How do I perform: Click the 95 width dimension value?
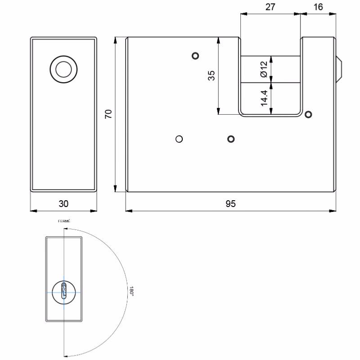point(230,204)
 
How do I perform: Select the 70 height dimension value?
point(108,114)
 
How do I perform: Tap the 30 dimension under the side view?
point(63,204)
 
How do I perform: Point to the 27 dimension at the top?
point(270,7)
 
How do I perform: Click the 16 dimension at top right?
point(318,7)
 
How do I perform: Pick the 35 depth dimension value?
point(211,76)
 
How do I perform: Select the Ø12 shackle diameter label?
point(264,69)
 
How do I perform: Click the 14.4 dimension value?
point(264,98)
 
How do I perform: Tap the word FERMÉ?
point(64,221)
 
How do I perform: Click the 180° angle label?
point(131,291)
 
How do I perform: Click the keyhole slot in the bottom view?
point(64,291)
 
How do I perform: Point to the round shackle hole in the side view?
point(63,69)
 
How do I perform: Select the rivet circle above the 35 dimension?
point(195,55)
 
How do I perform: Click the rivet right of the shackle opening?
point(308,114)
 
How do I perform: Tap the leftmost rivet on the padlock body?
point(179,139)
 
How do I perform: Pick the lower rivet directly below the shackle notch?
point(231,139)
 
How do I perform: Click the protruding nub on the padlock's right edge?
point(339,69)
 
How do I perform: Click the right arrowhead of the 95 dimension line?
point(333,211)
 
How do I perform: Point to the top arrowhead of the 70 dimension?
point(116,40)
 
